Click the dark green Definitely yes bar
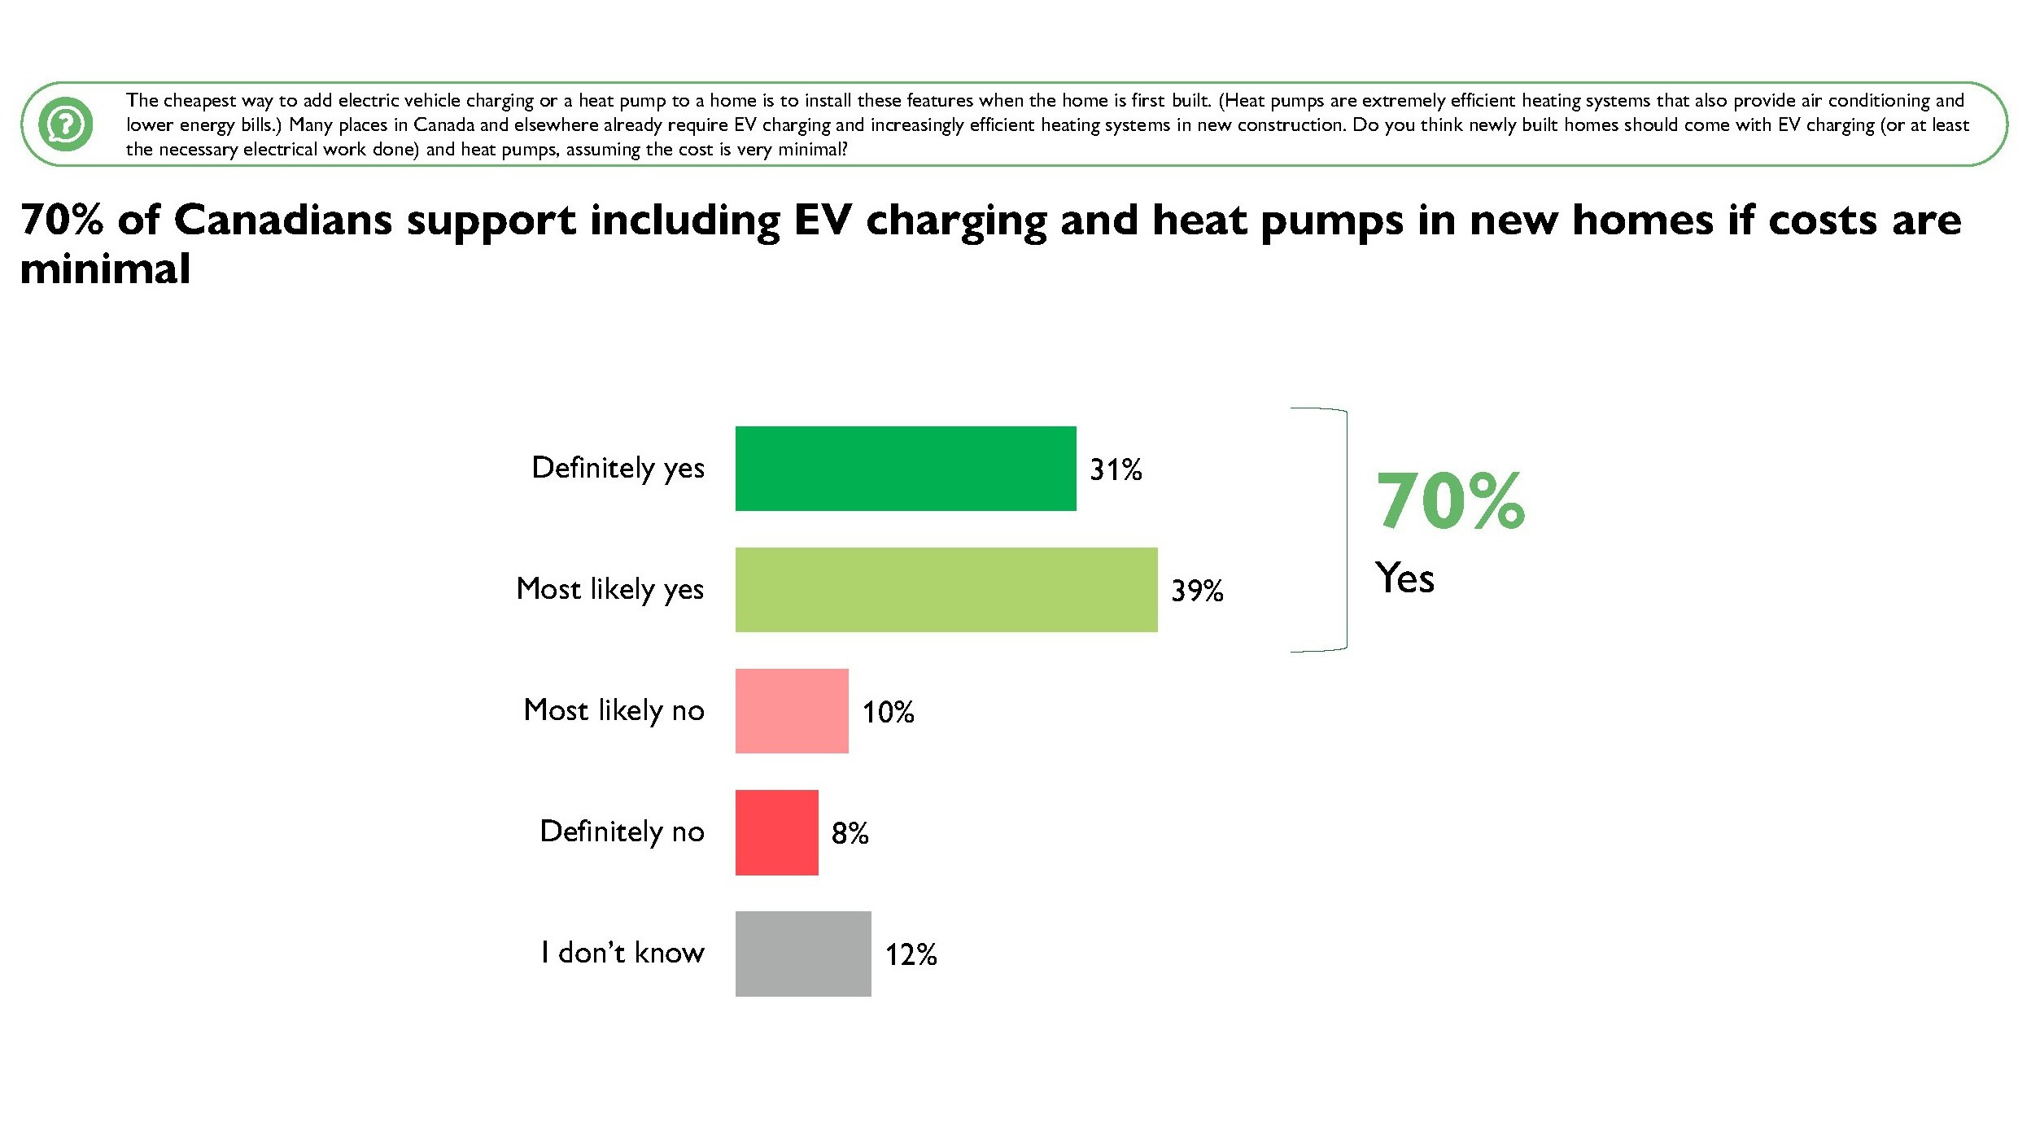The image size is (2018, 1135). tap(906, 469)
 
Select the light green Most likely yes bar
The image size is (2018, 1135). tap(946, 590)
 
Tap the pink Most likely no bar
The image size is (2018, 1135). tap(792, 711)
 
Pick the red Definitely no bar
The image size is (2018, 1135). tap(777, 832)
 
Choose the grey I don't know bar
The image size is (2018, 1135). tap(803, 954)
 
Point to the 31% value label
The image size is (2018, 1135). tap(1116, 469)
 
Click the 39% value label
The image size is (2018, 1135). tap(1197, 591)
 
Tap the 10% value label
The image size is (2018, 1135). tap(888, 712)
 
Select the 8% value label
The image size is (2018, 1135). tap(850, 833)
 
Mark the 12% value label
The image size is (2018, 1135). tap(911, 954)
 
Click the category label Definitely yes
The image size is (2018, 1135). tap(618, 469)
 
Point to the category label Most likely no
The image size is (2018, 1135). tap(614, 710)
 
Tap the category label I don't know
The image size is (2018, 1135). tap(622, 952)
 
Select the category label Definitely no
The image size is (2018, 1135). tap(622, 832)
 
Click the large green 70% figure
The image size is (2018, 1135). tap(1450, 500)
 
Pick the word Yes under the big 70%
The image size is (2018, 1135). tap(1404, 578)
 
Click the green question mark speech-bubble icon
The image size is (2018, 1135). tap(66, 124)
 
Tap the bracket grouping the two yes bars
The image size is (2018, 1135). tap(1347, 530)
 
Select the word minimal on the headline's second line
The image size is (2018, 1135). tap(105, 268)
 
